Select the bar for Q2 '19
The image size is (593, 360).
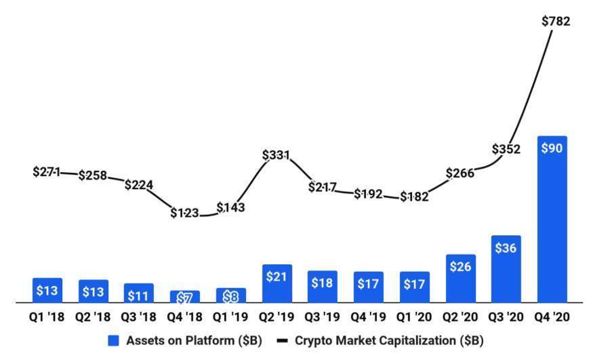[x=277, y=283]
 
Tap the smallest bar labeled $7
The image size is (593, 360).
[x=184, y=297]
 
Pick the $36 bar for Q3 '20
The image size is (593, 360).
[x=506, y=268]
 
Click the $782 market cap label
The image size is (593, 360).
[x=556, y=21]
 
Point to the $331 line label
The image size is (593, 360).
[x=277, y=155]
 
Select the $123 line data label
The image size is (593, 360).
[x=184, y=213]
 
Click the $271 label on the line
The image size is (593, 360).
[x=47, y=172]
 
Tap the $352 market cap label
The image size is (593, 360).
[x=506, y=149]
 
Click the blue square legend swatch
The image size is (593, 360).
[x=114, y=340]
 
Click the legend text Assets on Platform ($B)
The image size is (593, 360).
[x=194, y=340]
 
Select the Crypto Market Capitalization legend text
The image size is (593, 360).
[x=389, y=340]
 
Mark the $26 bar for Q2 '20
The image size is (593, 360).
[x=460, y=278]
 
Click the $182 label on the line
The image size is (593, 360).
[x=414, y=197]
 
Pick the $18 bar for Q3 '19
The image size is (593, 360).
[x=322, y=286]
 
